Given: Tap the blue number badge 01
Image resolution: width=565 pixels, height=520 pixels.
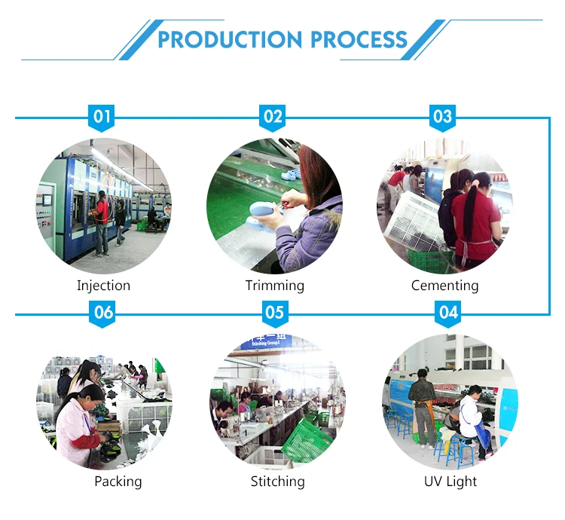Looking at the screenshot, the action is [102, 118].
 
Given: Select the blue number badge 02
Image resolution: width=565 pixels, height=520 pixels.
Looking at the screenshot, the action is [273, 118].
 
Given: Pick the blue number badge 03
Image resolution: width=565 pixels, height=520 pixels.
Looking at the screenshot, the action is [443, 118].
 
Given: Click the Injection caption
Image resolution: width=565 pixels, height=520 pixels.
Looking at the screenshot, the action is [103, 286].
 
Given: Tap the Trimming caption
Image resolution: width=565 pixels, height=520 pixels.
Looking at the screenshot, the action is [275, 286].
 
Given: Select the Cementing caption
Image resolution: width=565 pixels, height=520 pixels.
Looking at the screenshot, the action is [444, 286].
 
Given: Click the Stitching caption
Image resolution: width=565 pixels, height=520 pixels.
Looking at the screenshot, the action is [277, 481].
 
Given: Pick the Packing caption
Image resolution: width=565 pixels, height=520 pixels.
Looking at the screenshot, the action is [118, 481].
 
